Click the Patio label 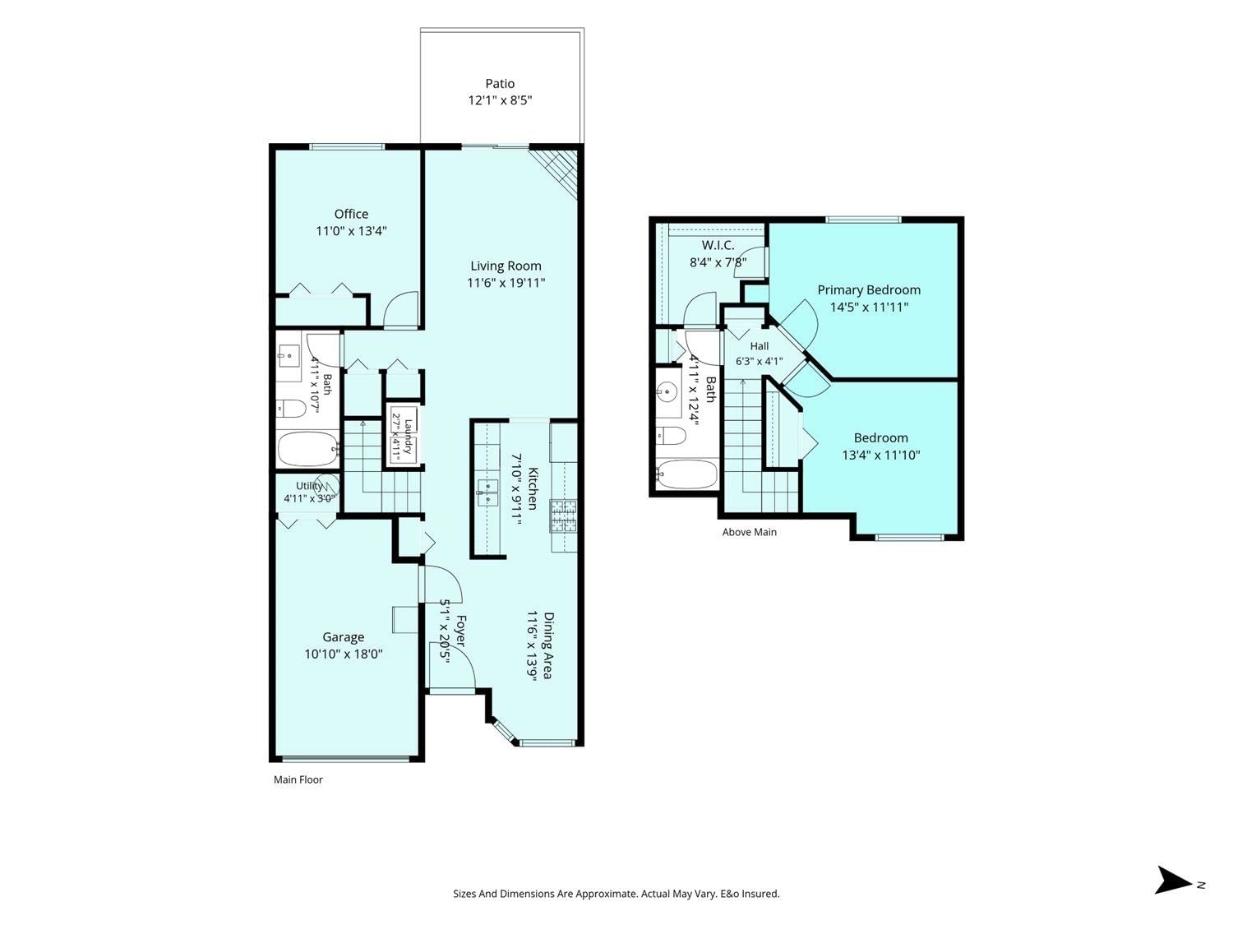coord(500,84)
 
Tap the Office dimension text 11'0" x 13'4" coord(351,231)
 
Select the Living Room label coord(506,266)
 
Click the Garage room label coord(343,637)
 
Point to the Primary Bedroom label coord(868,289)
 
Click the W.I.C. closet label coord(718,245)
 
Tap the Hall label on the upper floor coord(759,346)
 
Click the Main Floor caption coord(298,779)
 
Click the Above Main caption coord(749,532)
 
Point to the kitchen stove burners coord(563,516)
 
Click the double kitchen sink coord(487,493)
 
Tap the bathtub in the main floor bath coord(307,449)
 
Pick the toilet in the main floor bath coord(291,409)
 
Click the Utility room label coord(310,486)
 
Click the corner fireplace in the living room coord(556,171)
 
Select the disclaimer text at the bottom coord(616,894)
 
